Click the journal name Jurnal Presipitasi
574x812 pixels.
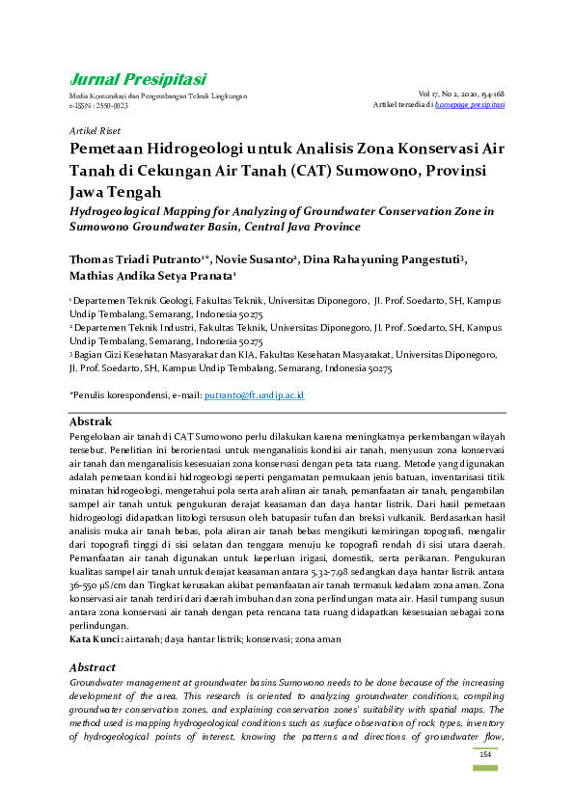(x=138, y=79)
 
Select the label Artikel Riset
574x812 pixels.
(x=95, y=129)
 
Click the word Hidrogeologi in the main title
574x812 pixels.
(x=195, y=149)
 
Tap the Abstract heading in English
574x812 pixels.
(x=95, y=666)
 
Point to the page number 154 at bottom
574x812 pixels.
(x=485, y=754)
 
